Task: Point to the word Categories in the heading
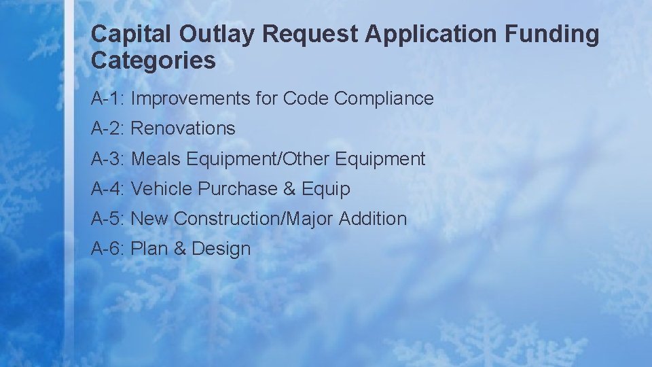click(x=153, y=60)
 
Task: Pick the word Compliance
click(x=384, y=99)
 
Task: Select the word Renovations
click(x=183, y=128)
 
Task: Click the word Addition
click(x=373, y=219)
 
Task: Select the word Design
click(x=221, y=249)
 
